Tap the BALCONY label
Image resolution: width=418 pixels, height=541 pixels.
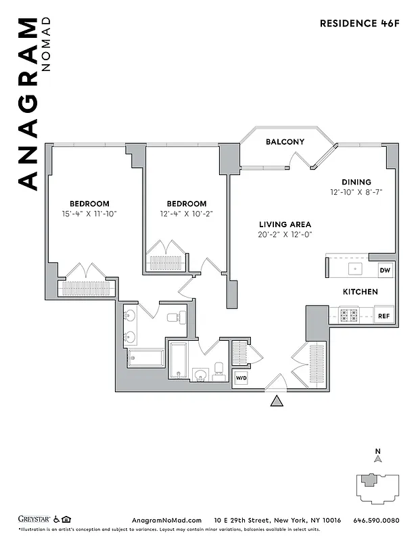pos(285,142)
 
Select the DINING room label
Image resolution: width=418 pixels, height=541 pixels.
pos(356,182)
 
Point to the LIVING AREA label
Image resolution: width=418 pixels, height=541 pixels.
pos(285,225)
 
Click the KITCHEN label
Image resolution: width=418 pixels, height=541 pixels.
pos(360,291)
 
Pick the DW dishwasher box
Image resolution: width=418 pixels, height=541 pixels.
pos(385,270)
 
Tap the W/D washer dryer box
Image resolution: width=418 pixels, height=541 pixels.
pos(241,378)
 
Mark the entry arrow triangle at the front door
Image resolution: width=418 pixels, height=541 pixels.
pos(276,402)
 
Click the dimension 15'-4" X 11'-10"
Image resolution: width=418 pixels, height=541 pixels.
pos(89,214)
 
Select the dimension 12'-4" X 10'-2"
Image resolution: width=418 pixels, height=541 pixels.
pos(186,214)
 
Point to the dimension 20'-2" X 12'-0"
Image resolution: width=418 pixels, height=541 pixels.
pos(285,235)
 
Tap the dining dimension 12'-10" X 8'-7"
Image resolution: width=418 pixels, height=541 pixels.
pos(356,192)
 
